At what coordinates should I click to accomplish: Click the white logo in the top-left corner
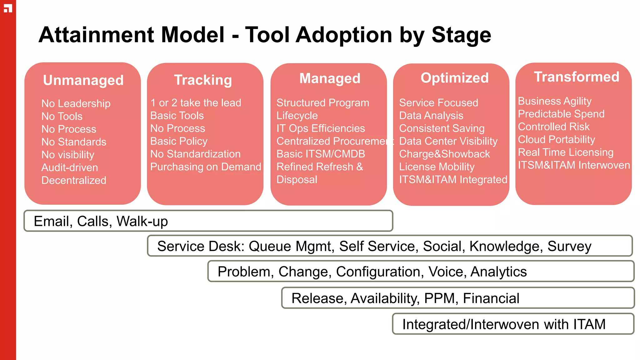8,8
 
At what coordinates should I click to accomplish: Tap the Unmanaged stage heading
83,80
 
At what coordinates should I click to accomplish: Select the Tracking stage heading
203,80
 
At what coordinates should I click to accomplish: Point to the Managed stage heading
330,78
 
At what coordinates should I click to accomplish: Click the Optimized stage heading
454,78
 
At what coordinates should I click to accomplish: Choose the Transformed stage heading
576,77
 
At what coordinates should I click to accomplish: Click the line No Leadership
76,103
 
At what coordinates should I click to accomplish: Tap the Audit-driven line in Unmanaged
70,167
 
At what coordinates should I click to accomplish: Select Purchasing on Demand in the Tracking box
206,167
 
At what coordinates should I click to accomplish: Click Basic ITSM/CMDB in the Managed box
321,154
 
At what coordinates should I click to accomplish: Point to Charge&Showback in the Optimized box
444,154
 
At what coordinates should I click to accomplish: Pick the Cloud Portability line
556,139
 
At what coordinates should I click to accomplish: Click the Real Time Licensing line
566,152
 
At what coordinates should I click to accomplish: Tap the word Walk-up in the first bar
142,221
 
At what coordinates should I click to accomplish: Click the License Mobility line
437,167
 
